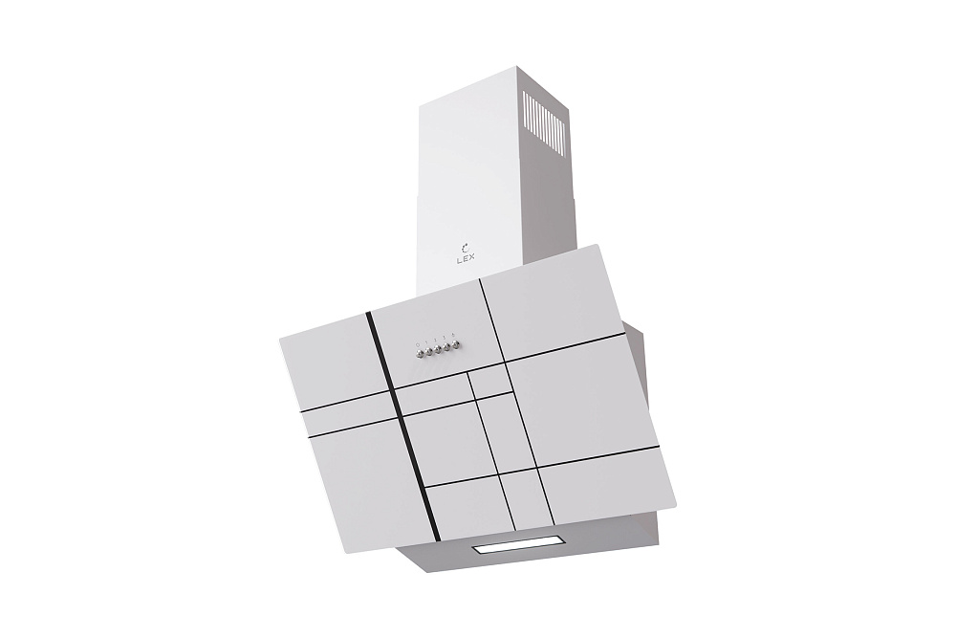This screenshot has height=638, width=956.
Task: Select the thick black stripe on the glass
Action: click(x=396, y=420)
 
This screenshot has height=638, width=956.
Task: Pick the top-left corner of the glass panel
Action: click(x=280, y=337)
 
